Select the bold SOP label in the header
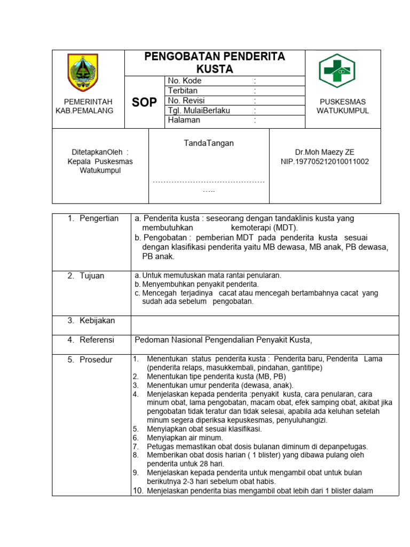coord(144,102)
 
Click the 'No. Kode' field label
coord(185,81)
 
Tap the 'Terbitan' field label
coord(183,91)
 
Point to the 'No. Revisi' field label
coord(186,100)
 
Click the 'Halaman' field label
coord(184,120)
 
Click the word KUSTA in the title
coord(215,69)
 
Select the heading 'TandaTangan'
coord(208,143)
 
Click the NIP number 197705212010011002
coord(325,161)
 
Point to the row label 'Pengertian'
coord(99,218)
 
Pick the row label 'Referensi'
coord(97,340)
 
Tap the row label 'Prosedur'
coord(96,360)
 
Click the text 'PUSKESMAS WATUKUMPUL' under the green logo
coord(343,106)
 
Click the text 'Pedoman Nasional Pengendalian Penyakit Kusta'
coord(222,340)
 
